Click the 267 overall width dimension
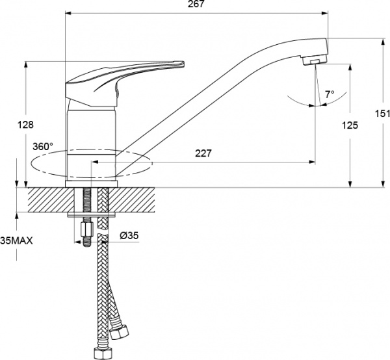click(x=196, y=4)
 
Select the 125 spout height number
click(x=350, y=125)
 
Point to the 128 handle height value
click(x=25, y=125)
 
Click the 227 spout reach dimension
click(x=203, y=153)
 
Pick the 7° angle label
click(x=330, y=94)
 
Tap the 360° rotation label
click(x=43, y=146)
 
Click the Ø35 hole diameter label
click(x=129, y=235)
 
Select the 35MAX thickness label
click(x=16, y=240)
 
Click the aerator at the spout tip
click(x=315, y=60)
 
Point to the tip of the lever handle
click(x=183, y=63)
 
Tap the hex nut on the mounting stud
click(x=87, y=230)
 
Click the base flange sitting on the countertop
click(x=91, y=184)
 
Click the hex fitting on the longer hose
click(x=101, y=354)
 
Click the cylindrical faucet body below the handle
click(x=92, y=144)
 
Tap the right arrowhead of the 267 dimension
click(x=325, y=13)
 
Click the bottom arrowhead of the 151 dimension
click(x=383, y=184)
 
